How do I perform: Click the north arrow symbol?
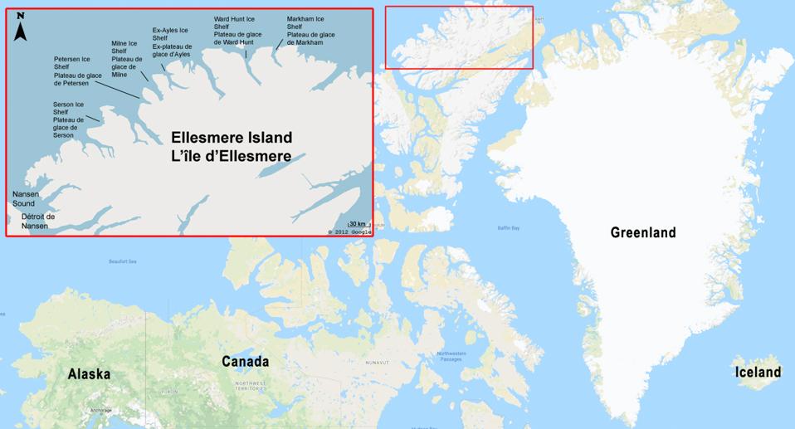click(x=21, y=27)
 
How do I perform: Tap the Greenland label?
click(x=642, y=233)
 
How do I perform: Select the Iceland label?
click(x=758, y=373)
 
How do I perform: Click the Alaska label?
click(x=89, y=374)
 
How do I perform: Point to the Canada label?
click(x=245, y=362)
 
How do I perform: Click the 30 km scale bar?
click(x=358, y=224)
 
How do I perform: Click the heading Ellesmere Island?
click(x=232, y=137)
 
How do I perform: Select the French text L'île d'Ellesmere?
click(x=232, y=155)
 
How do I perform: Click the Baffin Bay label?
click(x=508, y=227)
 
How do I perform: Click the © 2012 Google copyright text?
click(x=349, y=232)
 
